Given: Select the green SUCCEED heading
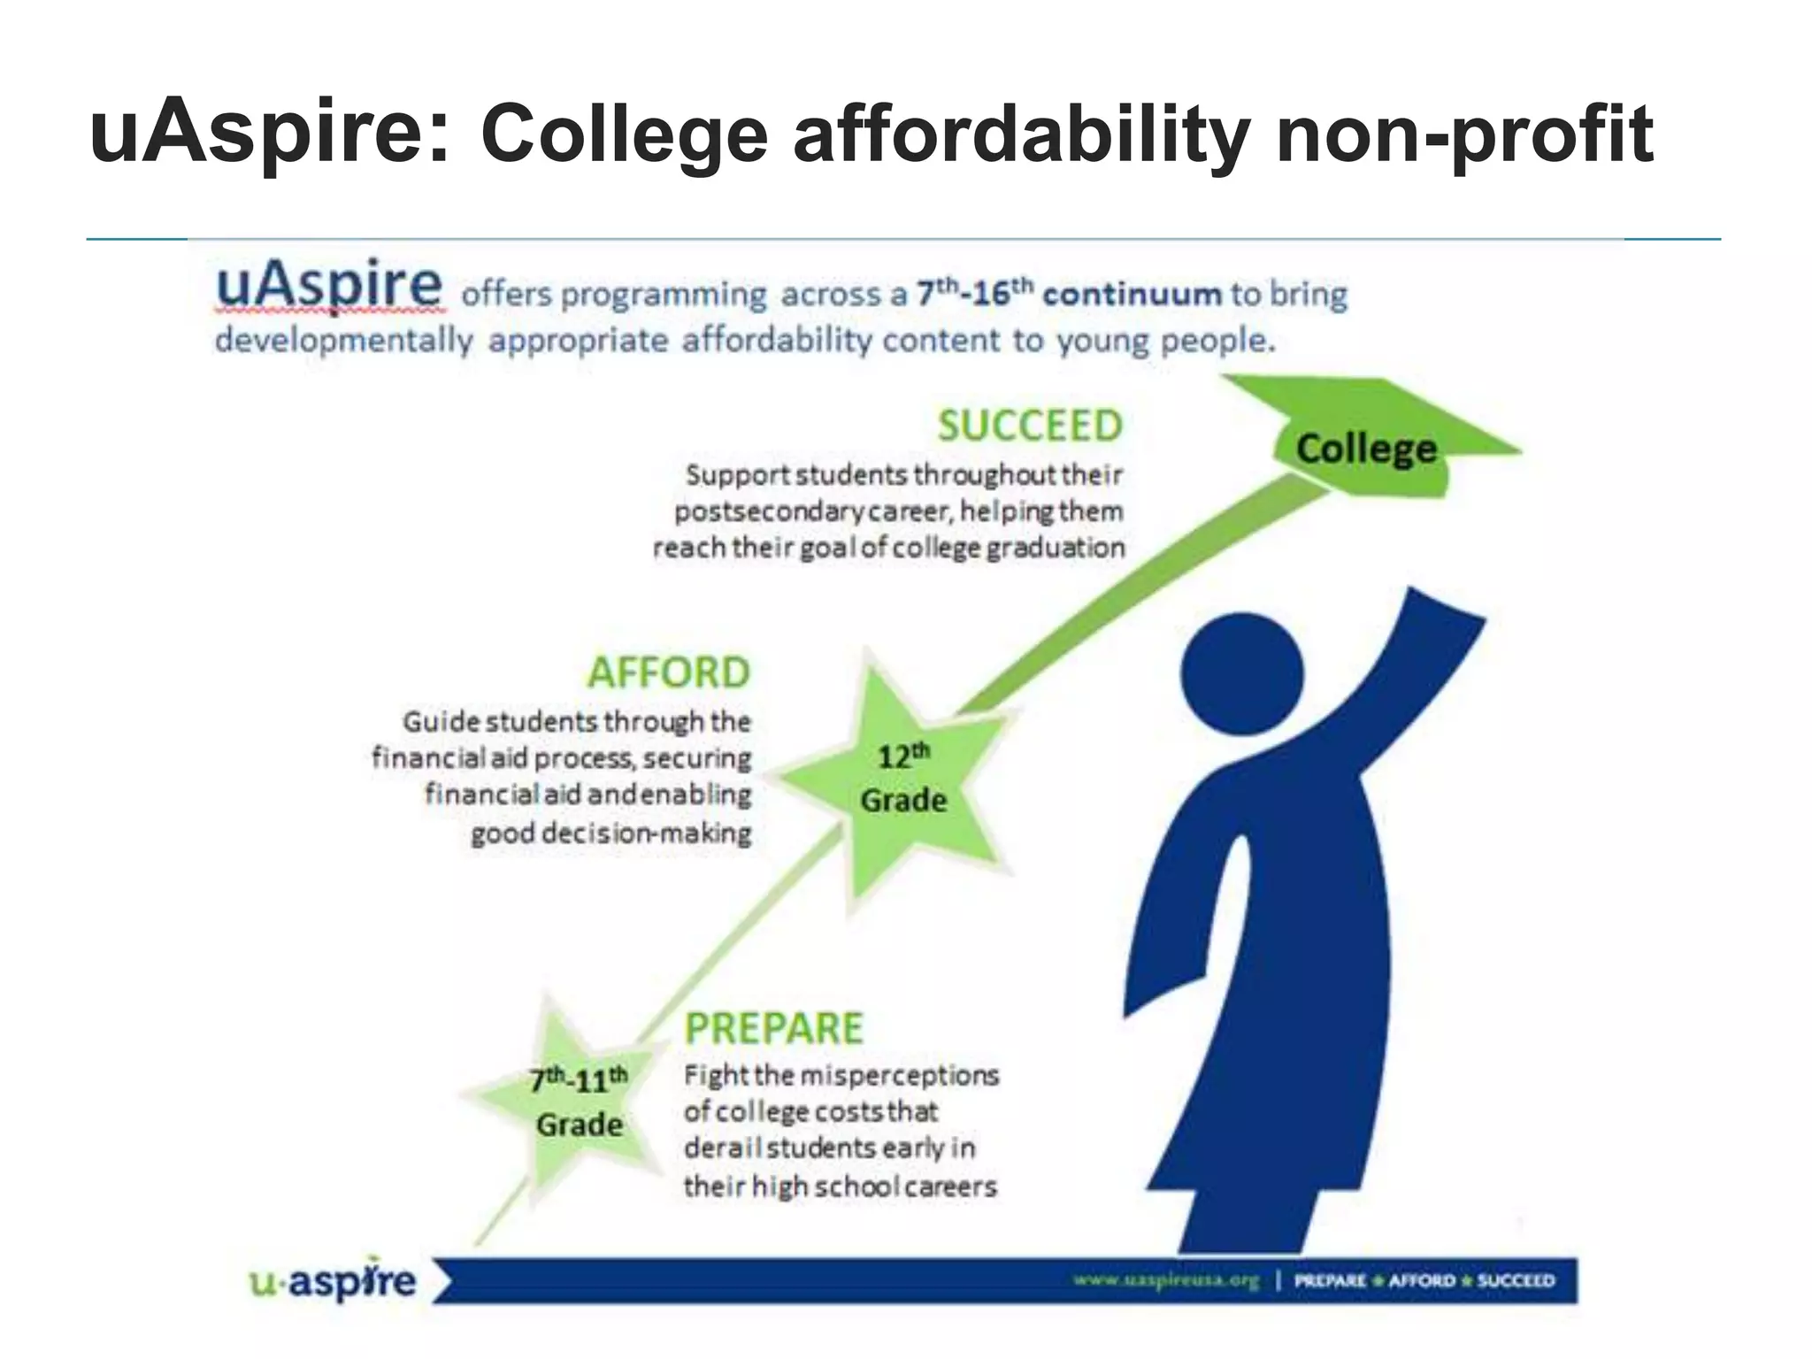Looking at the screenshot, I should [x=1030, y=426].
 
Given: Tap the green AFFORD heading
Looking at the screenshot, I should [x=669, y=673].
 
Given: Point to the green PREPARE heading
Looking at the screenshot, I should [x=774, y=1029].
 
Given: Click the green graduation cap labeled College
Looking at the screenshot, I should [x=1367, y=447].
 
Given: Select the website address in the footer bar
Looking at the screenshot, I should [x=1165, y=1280].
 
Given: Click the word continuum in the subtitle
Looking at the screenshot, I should [x=1132, y=294].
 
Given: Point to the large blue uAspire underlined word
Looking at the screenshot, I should [x=328, y=285].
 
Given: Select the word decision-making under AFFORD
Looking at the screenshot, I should [x=646, y=833].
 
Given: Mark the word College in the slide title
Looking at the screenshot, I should [x=624, y=136].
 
